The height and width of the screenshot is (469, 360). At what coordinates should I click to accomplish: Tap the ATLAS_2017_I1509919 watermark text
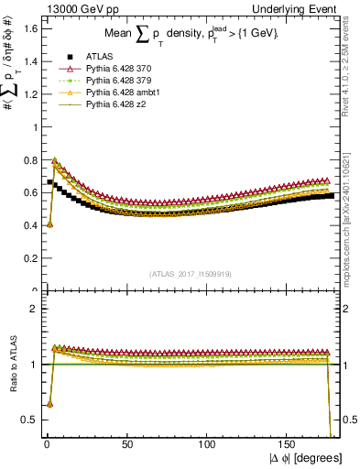[188, 273]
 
